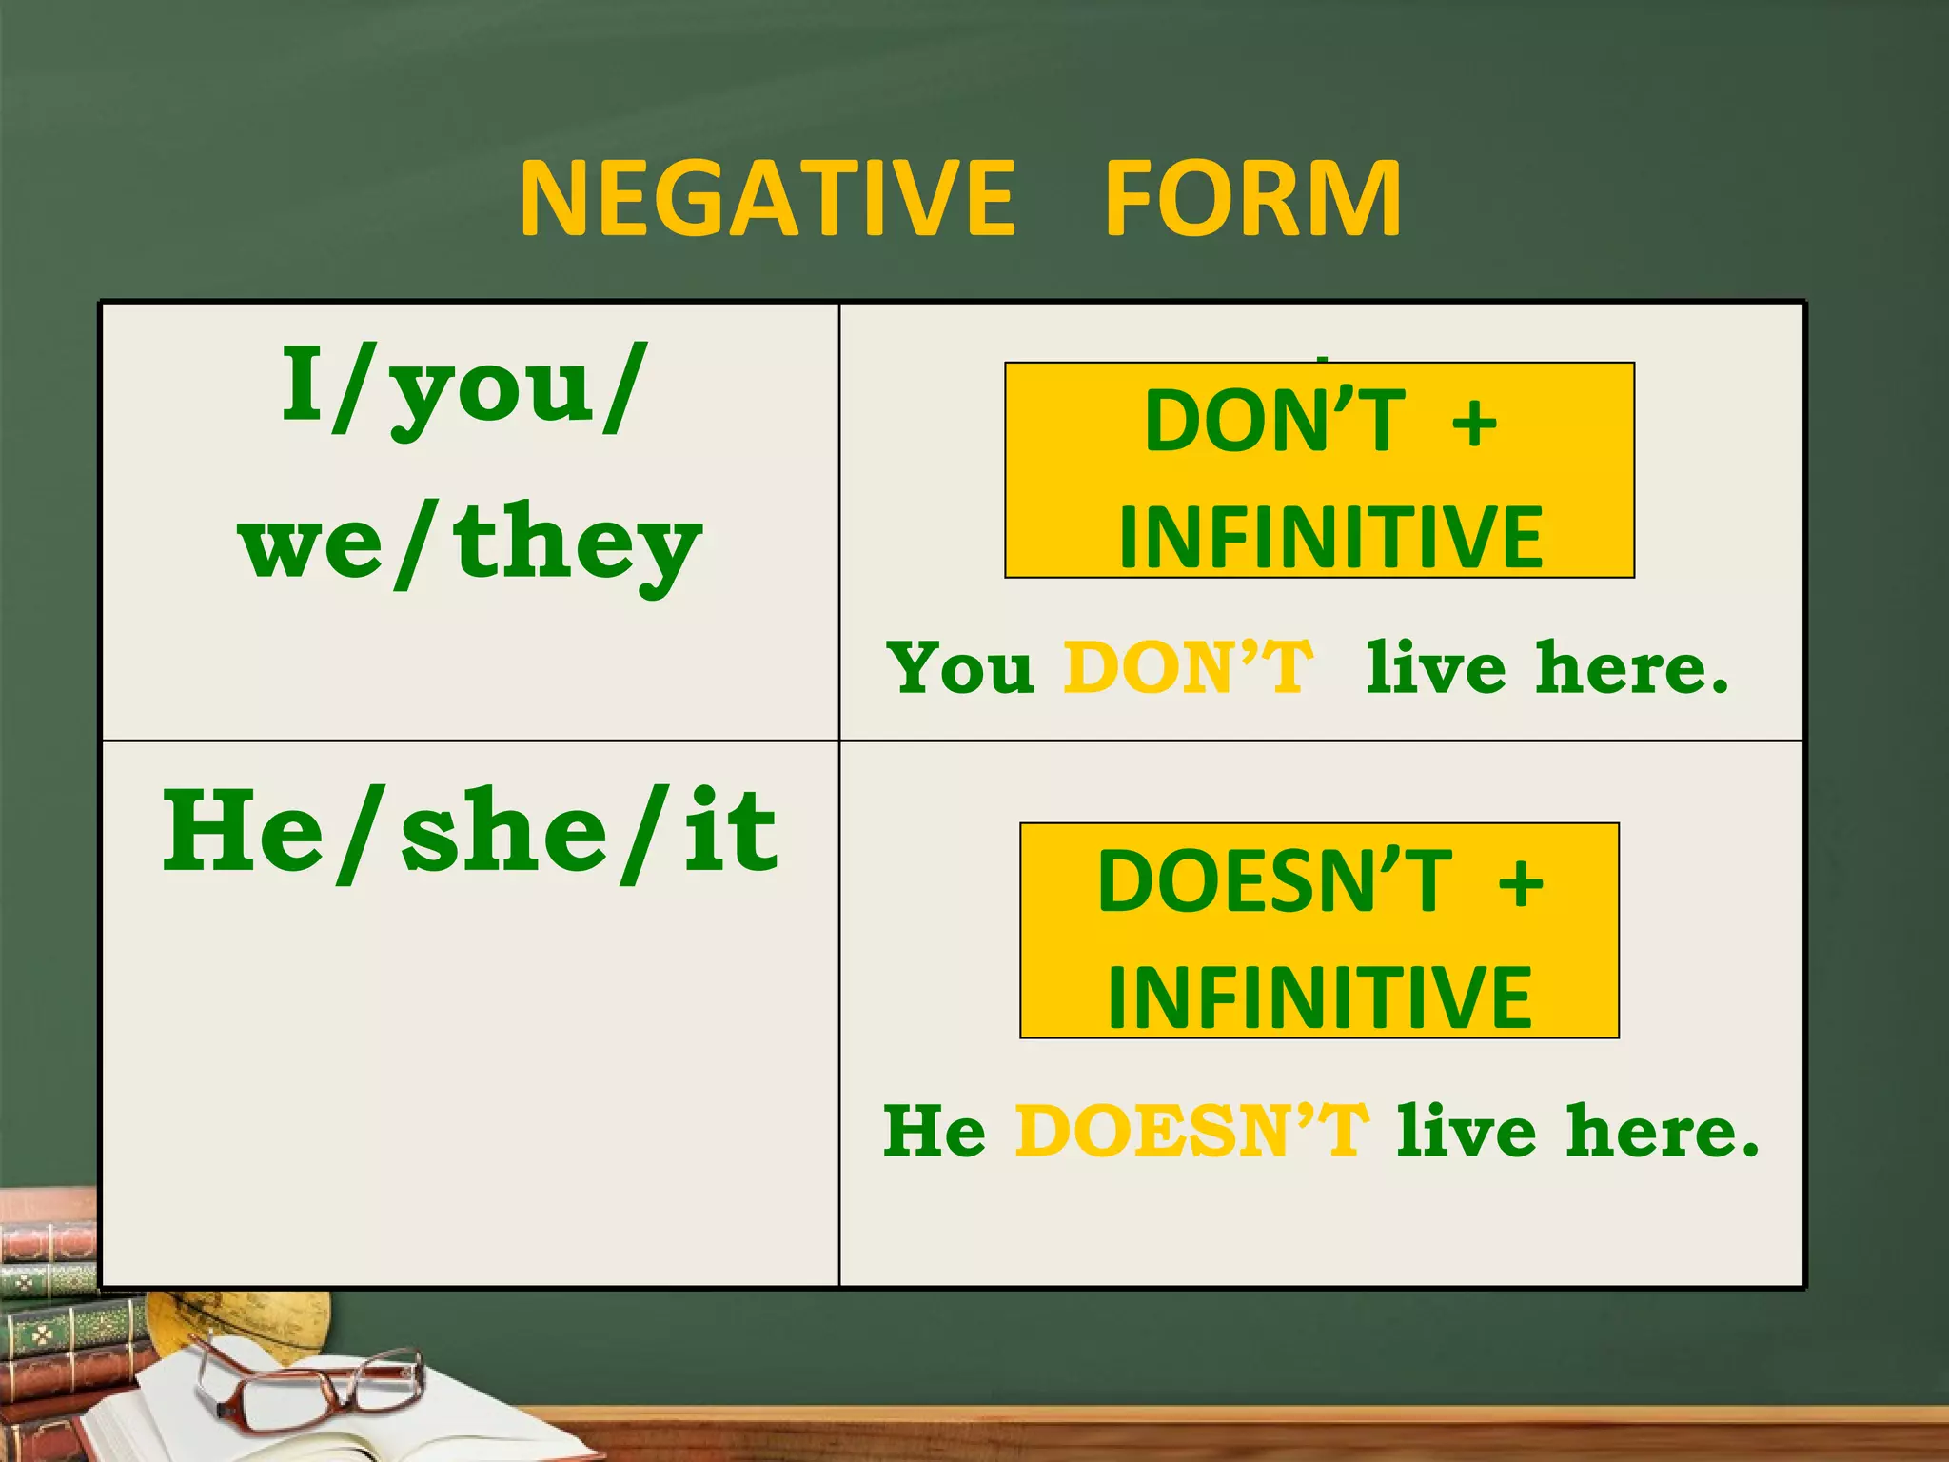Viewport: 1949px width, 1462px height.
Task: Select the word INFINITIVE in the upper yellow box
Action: click(x=1329, y=538)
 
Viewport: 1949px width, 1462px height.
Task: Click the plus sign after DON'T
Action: click(x=1474, y=423)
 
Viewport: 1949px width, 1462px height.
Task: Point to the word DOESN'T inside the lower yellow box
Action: click(x=1274, y=881)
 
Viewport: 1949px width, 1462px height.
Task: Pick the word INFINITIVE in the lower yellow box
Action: click(x=1320, y=998)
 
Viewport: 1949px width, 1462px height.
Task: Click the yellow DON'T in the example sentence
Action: click(x=1189, y=667)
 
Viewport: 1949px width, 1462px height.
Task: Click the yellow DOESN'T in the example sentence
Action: click(x=1191, y=1131)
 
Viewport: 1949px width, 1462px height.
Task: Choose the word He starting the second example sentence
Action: click(x=935, y=1132)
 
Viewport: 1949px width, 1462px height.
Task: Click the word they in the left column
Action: click(x=577, y=544)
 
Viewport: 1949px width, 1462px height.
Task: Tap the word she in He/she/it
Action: click(x=503, y=833)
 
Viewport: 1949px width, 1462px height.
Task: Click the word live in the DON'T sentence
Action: click(x=1435, y=667)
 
